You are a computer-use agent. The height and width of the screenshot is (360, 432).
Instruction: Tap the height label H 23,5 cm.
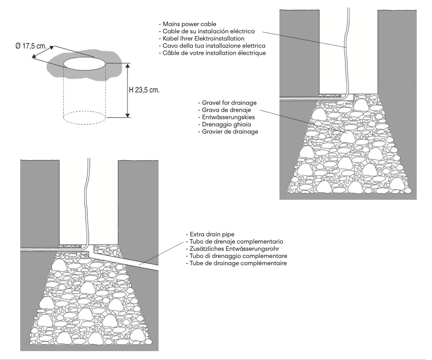click(x=144, y=90)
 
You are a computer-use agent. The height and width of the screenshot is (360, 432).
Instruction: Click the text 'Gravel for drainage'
click(x=229, y=103)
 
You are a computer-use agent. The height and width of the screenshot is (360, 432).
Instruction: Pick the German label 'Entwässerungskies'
click(x=228, y=117)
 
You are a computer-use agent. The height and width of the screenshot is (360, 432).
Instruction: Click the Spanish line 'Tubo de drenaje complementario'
click(x=236, y=242)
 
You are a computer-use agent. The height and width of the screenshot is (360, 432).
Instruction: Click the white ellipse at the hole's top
click(x=85, y=63)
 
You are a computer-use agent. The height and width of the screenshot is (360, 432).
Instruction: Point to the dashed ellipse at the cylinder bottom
click(x=85, y=117)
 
